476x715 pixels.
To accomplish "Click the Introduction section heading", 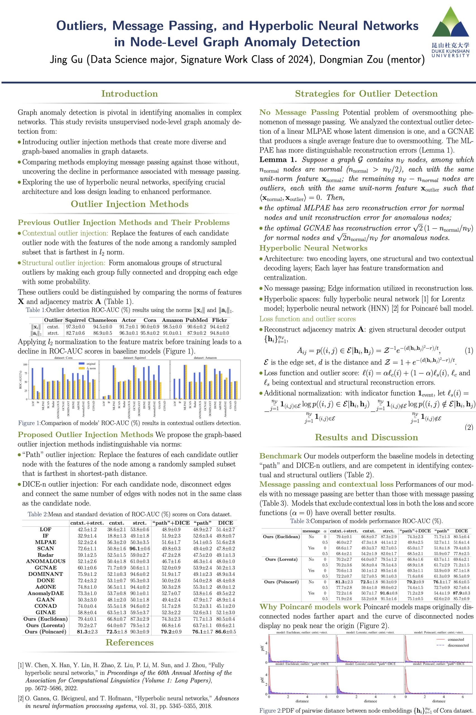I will point(130,94).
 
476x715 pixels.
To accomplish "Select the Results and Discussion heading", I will point(366,437).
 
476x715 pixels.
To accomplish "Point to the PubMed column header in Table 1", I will point(196,320).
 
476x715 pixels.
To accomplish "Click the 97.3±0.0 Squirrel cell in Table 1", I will point(75,327).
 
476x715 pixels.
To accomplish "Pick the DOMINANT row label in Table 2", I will point(45,574).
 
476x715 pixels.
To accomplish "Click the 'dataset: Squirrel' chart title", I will point(135,358).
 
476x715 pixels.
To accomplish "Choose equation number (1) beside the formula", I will point(469,351).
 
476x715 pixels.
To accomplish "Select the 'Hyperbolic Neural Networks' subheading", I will point(313,248).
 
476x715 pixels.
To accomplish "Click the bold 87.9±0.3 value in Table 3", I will point(461,593).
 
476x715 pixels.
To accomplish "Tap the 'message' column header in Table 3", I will point(311,531).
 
